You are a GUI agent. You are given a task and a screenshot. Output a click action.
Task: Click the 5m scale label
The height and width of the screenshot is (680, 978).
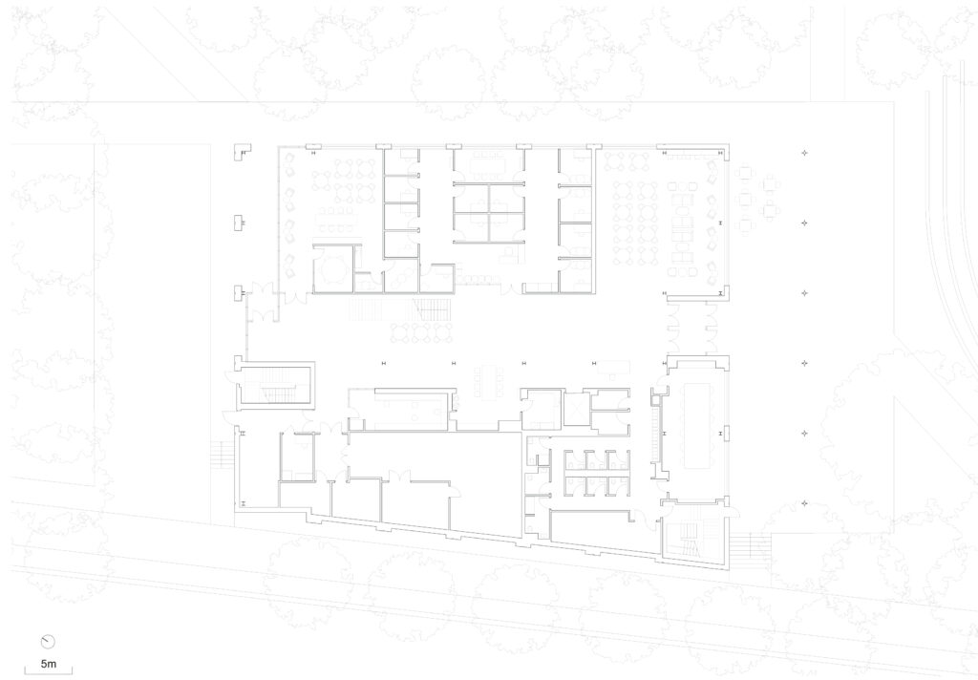pyautogui.click(x=48, y=664)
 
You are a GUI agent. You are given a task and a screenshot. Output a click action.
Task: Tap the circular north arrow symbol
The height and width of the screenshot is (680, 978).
pyautogui.click(x=48, y=642)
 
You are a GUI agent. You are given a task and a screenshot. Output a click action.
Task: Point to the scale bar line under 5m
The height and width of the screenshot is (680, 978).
pyautogui.click(x=48, y=672)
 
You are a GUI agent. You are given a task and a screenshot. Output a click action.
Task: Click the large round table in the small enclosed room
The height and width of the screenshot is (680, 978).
pyautogui.click(x=333, y=269)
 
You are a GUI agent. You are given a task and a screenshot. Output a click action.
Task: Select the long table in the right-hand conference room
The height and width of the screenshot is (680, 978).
pyautogui.click(x=697, y=425)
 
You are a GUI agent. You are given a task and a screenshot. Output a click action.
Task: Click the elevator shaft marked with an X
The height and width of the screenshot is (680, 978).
pyautogui.click(x=577, y=410)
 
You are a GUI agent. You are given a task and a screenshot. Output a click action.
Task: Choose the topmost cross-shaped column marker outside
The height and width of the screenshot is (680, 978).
pyautogui.click(x=804, y=152)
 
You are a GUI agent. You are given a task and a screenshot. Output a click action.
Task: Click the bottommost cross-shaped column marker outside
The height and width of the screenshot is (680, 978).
pyautogui.click(x=804, y=503)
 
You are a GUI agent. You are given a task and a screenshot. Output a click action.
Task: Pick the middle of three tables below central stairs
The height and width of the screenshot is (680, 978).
pyautogui.click(x=421, y=332)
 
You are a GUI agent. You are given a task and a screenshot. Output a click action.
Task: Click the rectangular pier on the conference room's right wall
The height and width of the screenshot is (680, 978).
pyautogui.click(x=726, y=433)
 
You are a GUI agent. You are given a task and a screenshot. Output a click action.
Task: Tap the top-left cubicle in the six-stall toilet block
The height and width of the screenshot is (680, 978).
pyautogui.click(x=575, y=459)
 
